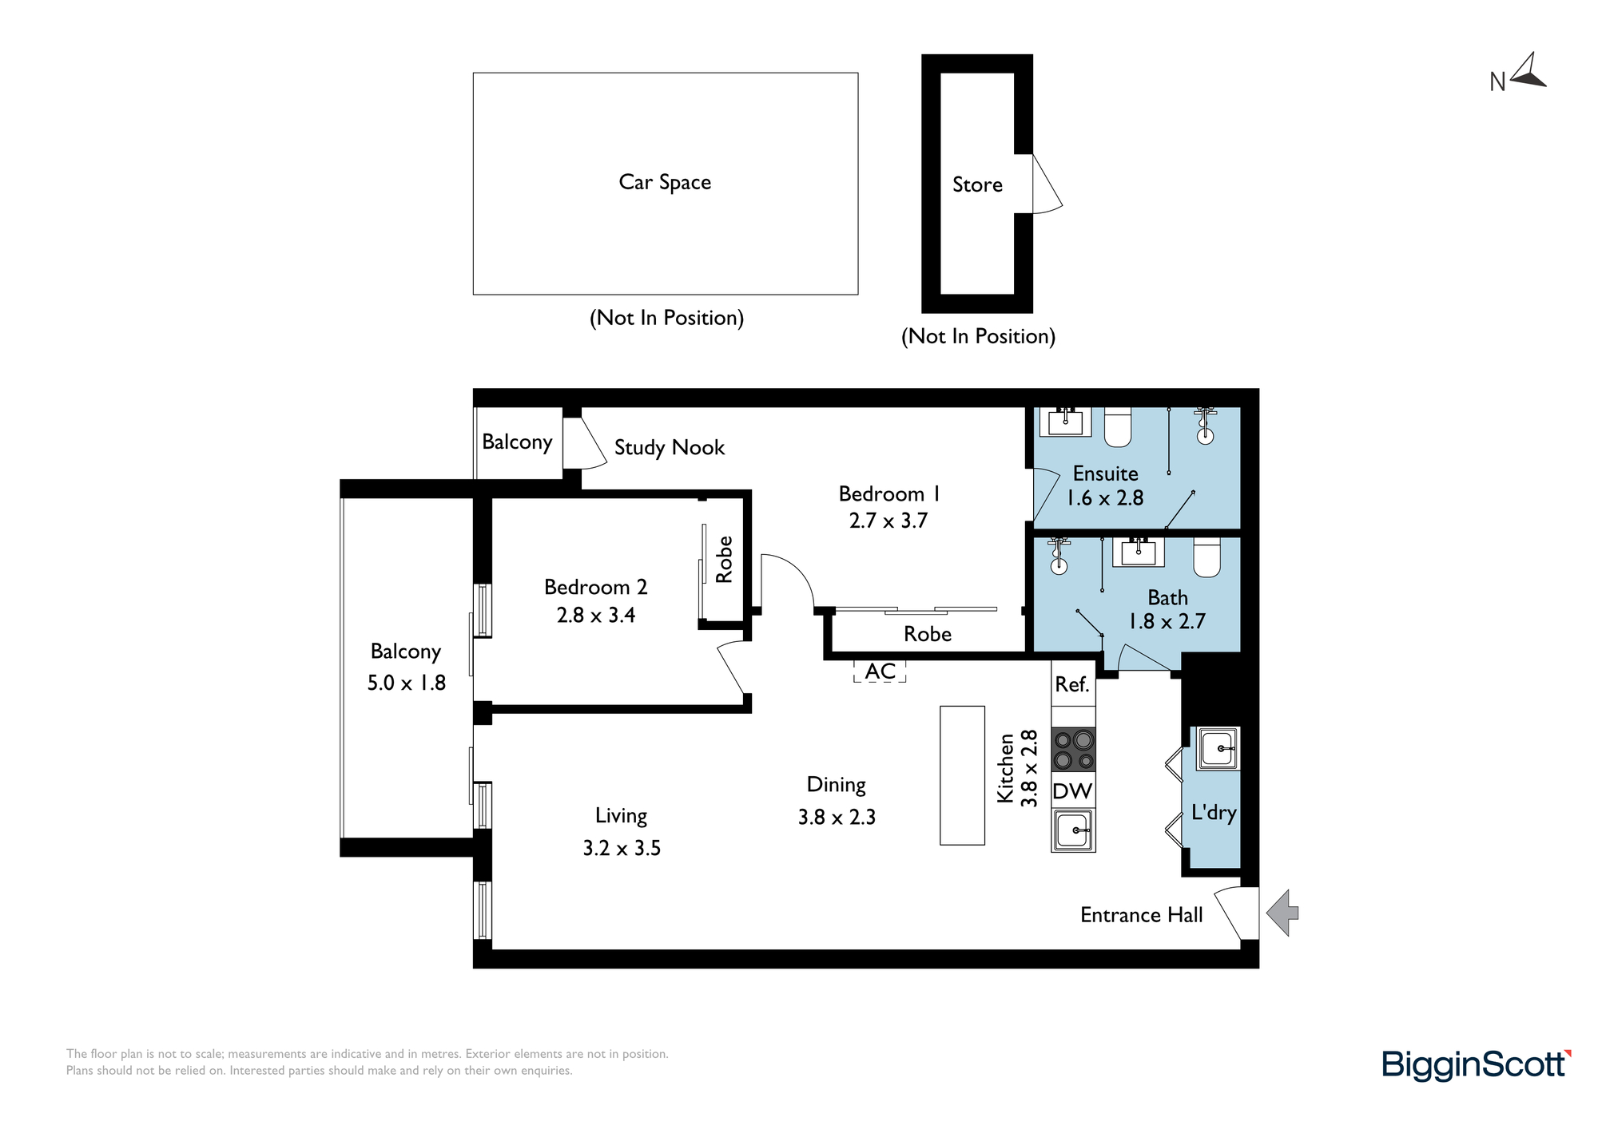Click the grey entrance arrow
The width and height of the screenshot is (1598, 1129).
coord(1283,913)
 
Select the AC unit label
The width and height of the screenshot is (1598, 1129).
coord(880,671)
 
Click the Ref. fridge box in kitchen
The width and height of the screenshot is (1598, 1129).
coord(1073,684)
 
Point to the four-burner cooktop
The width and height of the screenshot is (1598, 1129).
coord(1073,750)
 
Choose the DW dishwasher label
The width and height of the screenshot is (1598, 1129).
coord(1072,790)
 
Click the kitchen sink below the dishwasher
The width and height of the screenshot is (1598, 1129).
coord(1073,830)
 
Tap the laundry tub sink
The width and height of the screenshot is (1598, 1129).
coord(1218,749)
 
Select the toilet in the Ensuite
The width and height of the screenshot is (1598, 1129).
coord(1118,427)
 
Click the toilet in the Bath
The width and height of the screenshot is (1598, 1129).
coord(1207,557)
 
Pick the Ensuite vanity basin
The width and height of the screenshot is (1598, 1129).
coord(1065,422)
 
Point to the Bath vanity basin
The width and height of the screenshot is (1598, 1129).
coord(1138,552)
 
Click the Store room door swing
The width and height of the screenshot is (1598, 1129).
coord(1047,184)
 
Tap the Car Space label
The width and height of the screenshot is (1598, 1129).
coord(665,183)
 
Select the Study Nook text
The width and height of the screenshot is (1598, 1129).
coord(670,447)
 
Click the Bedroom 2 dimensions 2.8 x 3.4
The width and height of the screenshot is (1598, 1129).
coord(596,615)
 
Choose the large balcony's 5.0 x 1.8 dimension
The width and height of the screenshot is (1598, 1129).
coord(407,683)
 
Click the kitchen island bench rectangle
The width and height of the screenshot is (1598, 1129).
coord(962,775)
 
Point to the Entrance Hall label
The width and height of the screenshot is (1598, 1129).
coord(1141,915)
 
